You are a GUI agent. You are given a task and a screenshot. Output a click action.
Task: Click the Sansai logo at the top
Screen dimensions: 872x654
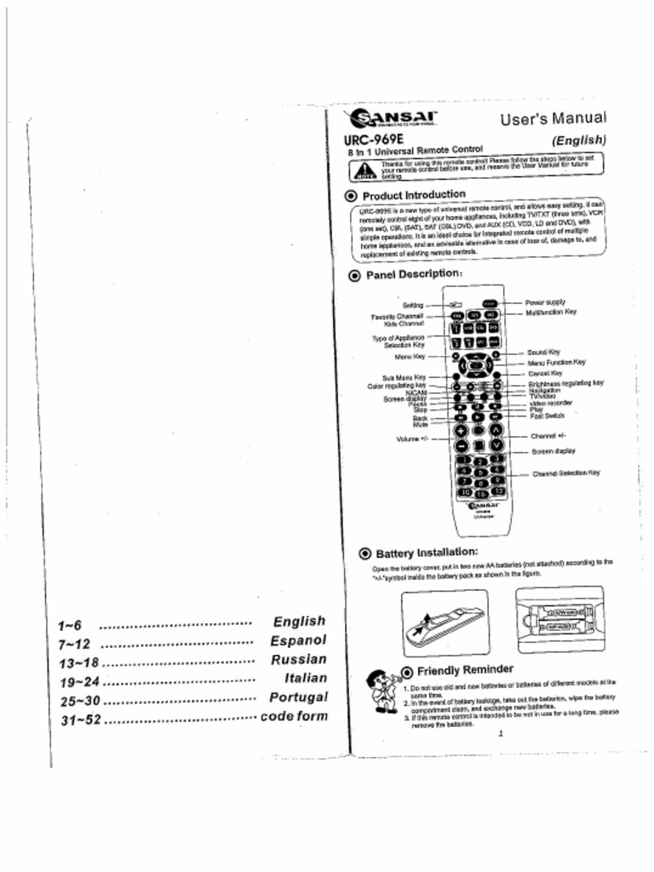391,118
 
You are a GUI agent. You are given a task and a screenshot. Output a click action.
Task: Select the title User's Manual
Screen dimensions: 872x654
553,118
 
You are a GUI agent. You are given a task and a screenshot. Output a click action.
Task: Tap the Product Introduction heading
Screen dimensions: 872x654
414,194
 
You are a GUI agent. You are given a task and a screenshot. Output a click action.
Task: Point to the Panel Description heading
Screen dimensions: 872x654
414,275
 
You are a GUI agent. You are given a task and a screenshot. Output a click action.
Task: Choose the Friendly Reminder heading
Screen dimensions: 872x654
464,669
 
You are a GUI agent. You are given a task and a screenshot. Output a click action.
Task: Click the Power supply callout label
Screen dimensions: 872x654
545,302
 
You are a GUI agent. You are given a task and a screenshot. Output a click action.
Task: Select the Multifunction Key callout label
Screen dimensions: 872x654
550,312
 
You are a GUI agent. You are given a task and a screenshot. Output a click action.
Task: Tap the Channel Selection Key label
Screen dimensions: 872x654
565,473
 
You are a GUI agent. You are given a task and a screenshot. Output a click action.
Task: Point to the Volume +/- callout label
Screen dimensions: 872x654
410,439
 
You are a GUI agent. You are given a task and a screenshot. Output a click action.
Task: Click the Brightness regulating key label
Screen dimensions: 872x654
565,383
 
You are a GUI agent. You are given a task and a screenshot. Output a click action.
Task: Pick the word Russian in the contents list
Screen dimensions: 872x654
298,659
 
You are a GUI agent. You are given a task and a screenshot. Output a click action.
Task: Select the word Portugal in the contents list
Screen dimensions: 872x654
297,697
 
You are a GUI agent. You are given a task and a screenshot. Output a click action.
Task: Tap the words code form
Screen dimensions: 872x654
294,716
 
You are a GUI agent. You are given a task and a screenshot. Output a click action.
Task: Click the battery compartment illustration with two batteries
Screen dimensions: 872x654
559,620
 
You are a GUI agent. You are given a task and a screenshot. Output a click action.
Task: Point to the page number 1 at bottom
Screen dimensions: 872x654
502,734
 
